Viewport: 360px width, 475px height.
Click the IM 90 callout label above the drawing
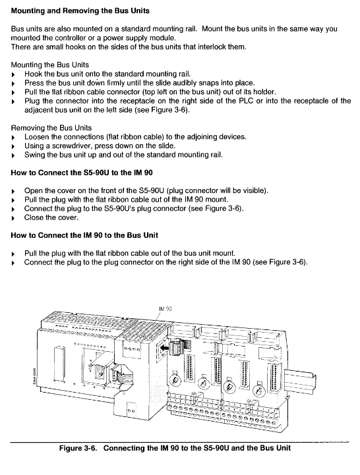[x=165, y=309]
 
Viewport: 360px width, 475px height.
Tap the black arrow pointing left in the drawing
[x=165, y=348]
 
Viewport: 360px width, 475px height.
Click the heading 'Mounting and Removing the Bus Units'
[x=80, y=11]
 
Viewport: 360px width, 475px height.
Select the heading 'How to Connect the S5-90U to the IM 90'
[x=82, y=173]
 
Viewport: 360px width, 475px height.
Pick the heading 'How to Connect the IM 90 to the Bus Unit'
[x=84, y=235]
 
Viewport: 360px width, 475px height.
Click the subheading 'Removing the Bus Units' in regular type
[x=51, y=128]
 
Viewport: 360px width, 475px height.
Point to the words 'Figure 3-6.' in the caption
[x=78, y=448]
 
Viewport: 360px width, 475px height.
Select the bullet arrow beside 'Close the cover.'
[x=13, y=218]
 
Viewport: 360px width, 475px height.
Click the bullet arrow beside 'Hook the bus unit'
[x=13, y=74]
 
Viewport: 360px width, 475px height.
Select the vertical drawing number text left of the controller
[x=34, y=375]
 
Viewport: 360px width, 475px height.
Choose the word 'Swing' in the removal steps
[x=34, y=155]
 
